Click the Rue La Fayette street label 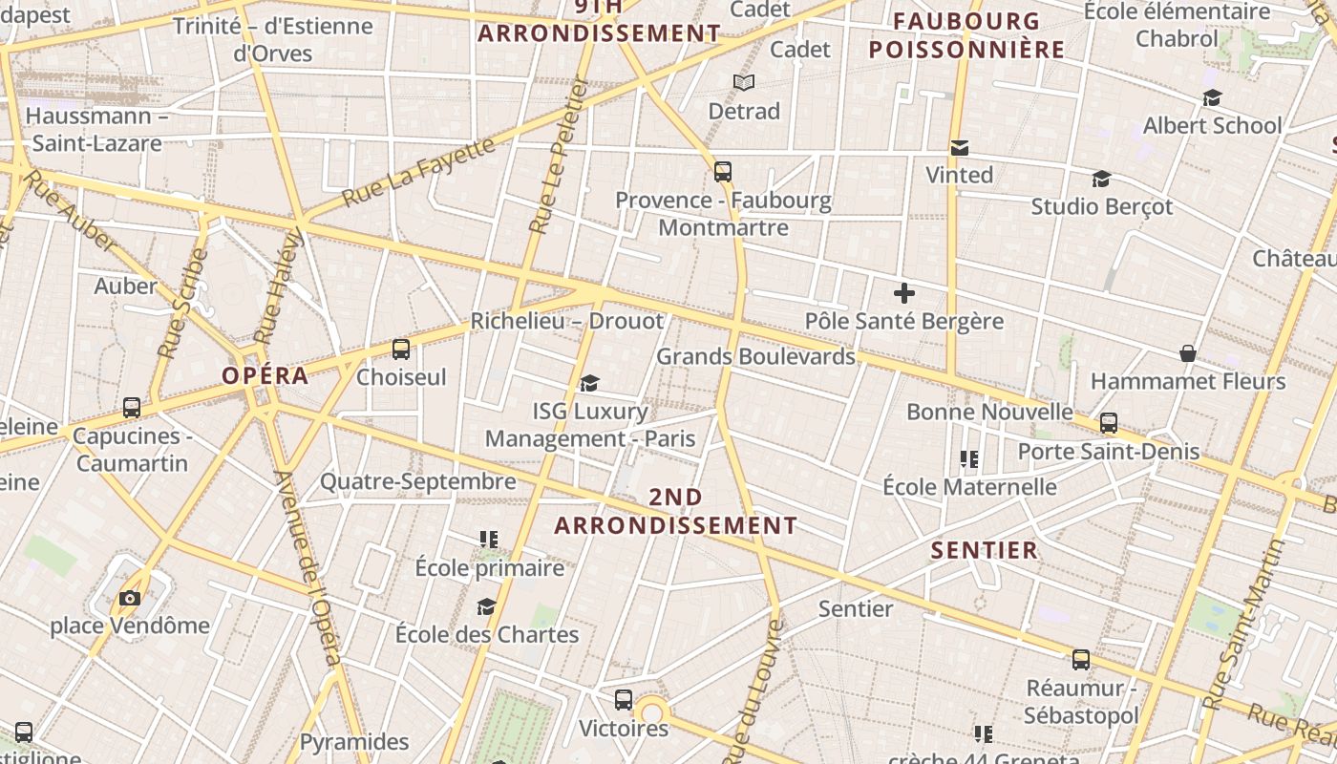coord(418,172)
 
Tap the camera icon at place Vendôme coord(130,599)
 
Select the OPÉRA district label coord(265,375)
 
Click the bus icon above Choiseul coord(401,350)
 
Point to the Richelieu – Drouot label coord(567,321)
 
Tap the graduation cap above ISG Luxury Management coord(589,384)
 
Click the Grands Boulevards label coord(755,356)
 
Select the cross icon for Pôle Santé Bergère coord(903,293)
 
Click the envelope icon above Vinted coord(960,148)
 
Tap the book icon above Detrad coord(744,83)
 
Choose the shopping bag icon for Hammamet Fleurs coord(1188,354)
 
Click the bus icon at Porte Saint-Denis coord(1109,423)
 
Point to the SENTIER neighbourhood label coord(984,550)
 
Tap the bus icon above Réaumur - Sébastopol coord(1081,660)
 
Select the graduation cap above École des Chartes coord(487,607)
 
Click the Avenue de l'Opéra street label coord(308,568)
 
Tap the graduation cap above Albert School coord(1212,97)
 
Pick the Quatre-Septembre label coord(417,481)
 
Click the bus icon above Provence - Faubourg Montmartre coord(723,173)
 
